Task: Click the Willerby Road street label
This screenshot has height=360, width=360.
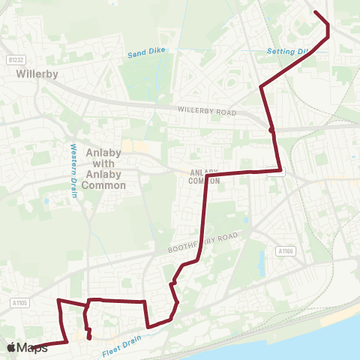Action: click(206, 111)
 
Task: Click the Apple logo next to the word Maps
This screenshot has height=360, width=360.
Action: click(12, 347)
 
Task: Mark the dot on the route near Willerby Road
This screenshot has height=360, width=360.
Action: click(271, 130)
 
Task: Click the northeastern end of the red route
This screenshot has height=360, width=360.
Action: click(314, 13)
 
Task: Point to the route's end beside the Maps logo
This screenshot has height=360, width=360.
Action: click(36, 347)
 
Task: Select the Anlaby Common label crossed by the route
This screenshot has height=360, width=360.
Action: click(204, 175)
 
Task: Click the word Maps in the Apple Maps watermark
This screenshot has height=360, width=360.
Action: click(32, 348)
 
